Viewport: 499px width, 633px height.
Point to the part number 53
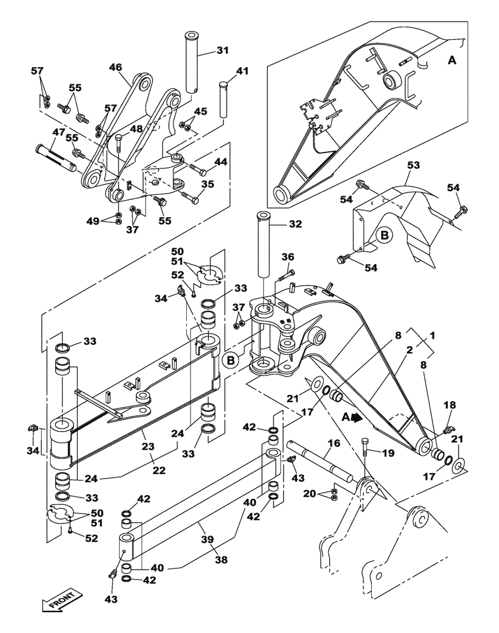click(413, 166)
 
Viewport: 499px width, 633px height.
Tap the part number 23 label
click(147, 446)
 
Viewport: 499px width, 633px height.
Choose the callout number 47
click(58, 132)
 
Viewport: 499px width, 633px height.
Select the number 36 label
click(287, 256)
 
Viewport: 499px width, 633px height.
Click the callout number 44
click(220, 163)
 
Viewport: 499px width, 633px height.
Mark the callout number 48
click(136, 128)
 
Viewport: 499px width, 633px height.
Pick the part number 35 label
click(207, 185)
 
